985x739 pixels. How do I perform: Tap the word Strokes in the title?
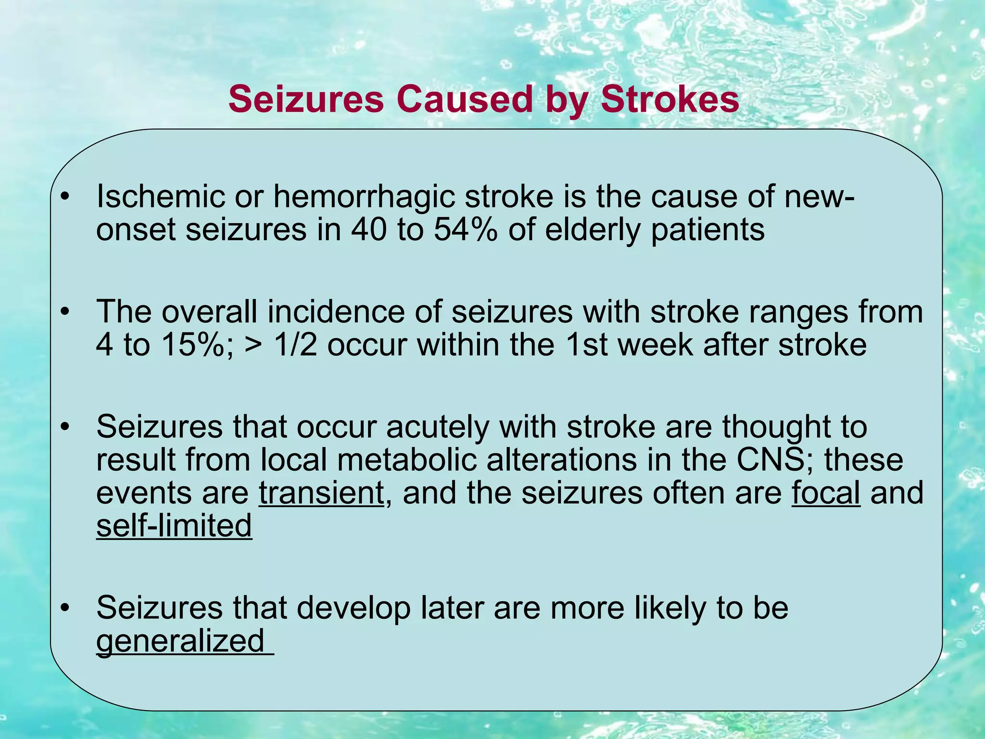coord(669,99)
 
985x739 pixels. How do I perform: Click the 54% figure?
coord(465,229)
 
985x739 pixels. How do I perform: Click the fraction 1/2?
coord(295,344)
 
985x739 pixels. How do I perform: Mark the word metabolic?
coord(406,460)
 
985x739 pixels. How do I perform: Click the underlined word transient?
coord(321,493)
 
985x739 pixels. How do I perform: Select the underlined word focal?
coord(825,493)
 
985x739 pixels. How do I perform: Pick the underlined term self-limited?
coord(174,525)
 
